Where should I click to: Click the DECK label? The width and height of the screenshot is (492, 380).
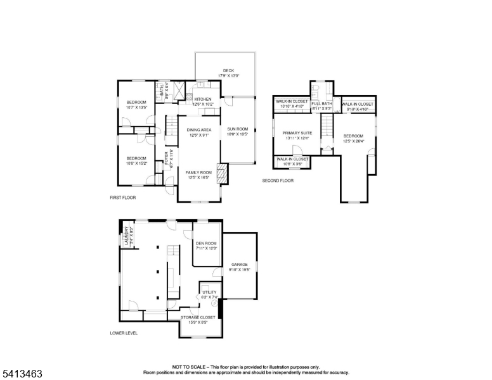tap(226, 70)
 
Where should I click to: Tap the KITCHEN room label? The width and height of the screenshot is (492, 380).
tap(203, 99)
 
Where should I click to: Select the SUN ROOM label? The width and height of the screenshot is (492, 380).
tap(237, 129)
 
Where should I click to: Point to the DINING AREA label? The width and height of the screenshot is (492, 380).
tap(198, 130)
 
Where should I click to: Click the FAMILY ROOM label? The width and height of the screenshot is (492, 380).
tap(198, 172)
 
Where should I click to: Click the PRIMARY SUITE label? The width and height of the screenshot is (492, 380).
tap(294, 133)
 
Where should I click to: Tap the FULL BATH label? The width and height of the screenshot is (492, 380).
tap(322, 103)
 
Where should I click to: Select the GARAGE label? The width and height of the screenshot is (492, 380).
tap(239, 265)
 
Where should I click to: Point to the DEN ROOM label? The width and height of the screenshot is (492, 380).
tap(206, 243)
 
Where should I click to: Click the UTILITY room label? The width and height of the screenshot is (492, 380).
tap(209, 291)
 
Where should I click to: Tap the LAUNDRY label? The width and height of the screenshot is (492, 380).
tap(126, 236)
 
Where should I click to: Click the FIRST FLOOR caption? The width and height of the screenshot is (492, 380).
tap(122, 198)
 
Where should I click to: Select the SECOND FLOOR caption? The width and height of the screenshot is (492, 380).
tap(278, 181)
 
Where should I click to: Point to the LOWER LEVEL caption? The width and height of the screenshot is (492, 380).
tap(124, 332)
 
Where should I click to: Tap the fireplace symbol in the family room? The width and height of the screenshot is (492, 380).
tap(221, 173)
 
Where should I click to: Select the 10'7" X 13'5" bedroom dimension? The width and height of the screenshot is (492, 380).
tap(136, 107)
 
